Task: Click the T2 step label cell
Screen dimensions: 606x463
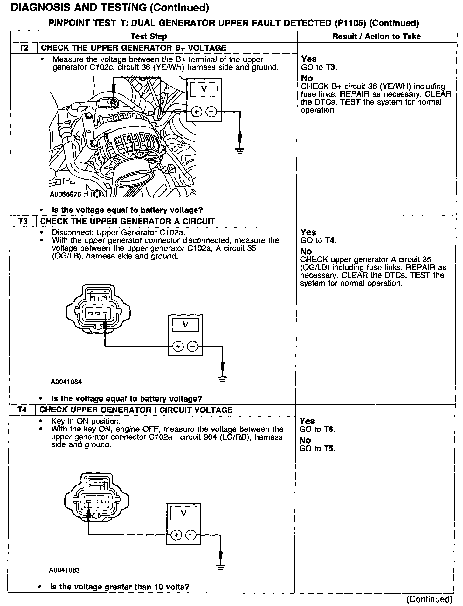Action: pyautogui.click(x=24, y=48)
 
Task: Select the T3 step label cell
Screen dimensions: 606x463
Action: pyautogui.click(x=23, y=221)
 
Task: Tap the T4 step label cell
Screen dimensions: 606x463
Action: pyautogui.click(x=22, y=410)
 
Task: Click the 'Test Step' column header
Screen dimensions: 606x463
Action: pyautogui.click(x=149, y=37)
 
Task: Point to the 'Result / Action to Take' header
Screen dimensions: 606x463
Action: pyautogui.click(x=376, y=37)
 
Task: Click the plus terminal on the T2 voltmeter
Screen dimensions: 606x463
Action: pyautogui.click(x=197, y=112)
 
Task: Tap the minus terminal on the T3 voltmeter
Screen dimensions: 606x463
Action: pyautogui.click(x=192, y=346)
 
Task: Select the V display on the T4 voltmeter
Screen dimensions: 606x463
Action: pyautogui.click(x=183, y=513)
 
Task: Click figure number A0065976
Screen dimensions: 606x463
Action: pyautogui.click(x=66, y=194)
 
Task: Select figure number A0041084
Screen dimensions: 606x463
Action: pyautogui.click(x=66, y=382)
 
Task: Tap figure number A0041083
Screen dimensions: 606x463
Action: pyautogui.click(x=64, y=570)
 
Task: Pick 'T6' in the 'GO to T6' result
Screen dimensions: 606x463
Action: pyautogui.click(x=329, y=429)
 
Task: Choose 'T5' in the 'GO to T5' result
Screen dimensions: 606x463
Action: pyautogui.click(x=329, y=449)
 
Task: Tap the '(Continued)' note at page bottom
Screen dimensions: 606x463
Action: pyautogui.click(x=429, y=599)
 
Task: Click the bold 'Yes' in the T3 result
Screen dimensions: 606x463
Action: pyautogui.click(x=308, y=232)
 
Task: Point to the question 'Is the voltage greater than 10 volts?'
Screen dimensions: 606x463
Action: pyautogui.click(x=120, y=587)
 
